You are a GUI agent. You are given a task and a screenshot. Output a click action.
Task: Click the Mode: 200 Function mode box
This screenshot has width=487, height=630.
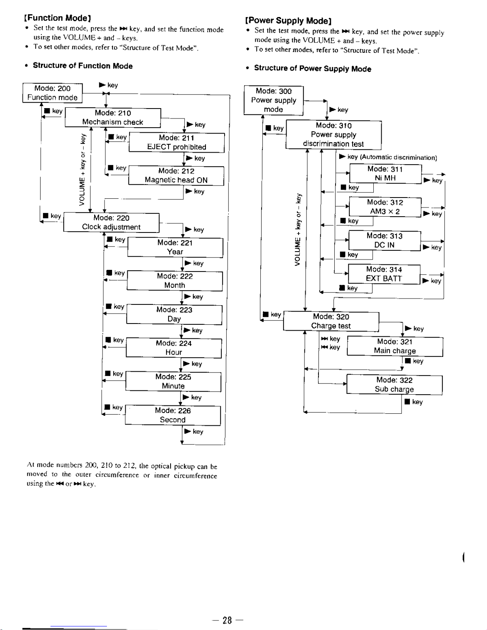tap(52, 93)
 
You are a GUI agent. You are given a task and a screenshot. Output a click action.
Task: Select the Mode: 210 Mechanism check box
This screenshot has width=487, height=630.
tap(113, 118)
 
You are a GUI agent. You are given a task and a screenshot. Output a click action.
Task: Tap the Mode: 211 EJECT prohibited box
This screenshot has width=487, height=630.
tap(177, 142)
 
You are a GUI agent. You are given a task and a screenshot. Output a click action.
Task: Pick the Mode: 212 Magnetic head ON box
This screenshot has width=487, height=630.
tap(176, 175)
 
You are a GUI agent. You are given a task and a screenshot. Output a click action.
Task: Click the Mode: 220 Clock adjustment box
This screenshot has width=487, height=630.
tap(111, 222)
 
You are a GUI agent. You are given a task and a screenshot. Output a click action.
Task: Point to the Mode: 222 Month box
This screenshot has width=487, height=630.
tap(175, 281)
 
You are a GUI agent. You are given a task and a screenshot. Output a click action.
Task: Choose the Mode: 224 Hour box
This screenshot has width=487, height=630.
tap(174, 348)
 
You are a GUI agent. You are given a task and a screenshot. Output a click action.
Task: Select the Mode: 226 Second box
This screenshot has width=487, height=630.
tap(173, 415)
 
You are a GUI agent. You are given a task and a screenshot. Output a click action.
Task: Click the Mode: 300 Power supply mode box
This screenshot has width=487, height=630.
tap(274, 100)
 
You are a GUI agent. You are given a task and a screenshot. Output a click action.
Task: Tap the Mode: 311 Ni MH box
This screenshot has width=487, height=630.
tap(385, 174)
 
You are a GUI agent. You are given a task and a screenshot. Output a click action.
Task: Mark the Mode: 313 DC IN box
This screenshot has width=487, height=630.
tap(384, 240)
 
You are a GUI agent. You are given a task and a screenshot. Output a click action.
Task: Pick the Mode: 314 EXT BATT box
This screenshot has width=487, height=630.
tap(384, 274)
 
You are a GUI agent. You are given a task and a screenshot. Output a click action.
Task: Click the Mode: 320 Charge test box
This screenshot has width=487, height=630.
tap(331, 321)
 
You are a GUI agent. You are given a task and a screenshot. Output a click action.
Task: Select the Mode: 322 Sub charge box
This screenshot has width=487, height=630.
tap(394, 385)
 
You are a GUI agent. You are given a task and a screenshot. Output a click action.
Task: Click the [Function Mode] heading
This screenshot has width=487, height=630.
tap(58, 18)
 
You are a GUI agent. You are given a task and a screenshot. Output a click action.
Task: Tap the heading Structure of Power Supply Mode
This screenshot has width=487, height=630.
tap(312, 68)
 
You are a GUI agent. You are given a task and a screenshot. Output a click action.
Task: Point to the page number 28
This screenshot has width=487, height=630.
tap(227, 620)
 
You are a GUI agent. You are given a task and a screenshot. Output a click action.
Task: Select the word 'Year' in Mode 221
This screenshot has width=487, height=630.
tap(175, 252)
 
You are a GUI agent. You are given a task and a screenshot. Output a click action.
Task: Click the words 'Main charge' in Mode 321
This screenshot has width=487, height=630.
tap(395, 351)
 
